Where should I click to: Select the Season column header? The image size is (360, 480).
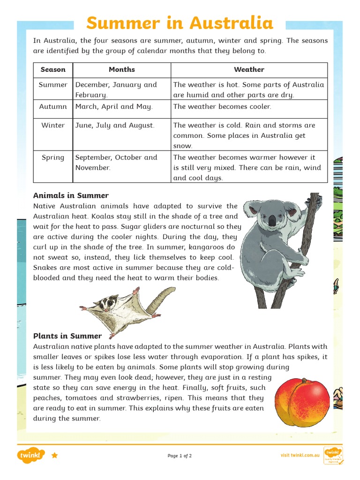[x=53, y=69]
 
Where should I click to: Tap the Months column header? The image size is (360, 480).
[x=121, y=69]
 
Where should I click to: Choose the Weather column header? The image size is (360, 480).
[x=249, y=69]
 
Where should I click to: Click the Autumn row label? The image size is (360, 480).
[x=53, y=106]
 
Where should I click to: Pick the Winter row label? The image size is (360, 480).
[x=53, y=125]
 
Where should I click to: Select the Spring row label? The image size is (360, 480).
[x=53, y=157]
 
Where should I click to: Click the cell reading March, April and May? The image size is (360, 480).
[x=114, y=106]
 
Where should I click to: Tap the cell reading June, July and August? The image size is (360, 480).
[x=115, y=125]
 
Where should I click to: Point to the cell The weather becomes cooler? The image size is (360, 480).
[x=222, y=106]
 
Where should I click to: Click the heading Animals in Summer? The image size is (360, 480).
[x=71, y=195]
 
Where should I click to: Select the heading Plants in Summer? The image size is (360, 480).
[x=67, y=336]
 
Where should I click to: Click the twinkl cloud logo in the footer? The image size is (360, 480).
[x=31, y=455]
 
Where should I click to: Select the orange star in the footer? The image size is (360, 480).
[x=55, y=455]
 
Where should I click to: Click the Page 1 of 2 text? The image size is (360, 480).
[x=180, y=456]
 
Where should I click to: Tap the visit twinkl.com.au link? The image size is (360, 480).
[x=300, y=455]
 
